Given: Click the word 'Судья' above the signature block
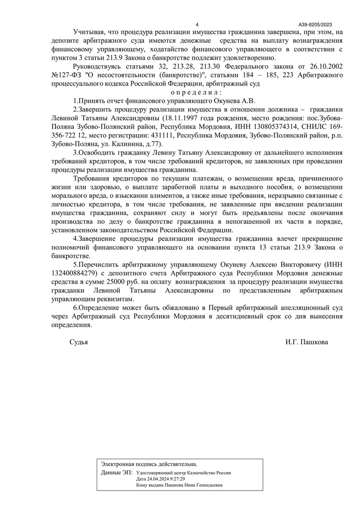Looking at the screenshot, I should pos(79,342).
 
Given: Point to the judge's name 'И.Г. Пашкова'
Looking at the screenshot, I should pos(306,342).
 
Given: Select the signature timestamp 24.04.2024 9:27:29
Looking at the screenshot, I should pos(166,479).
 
